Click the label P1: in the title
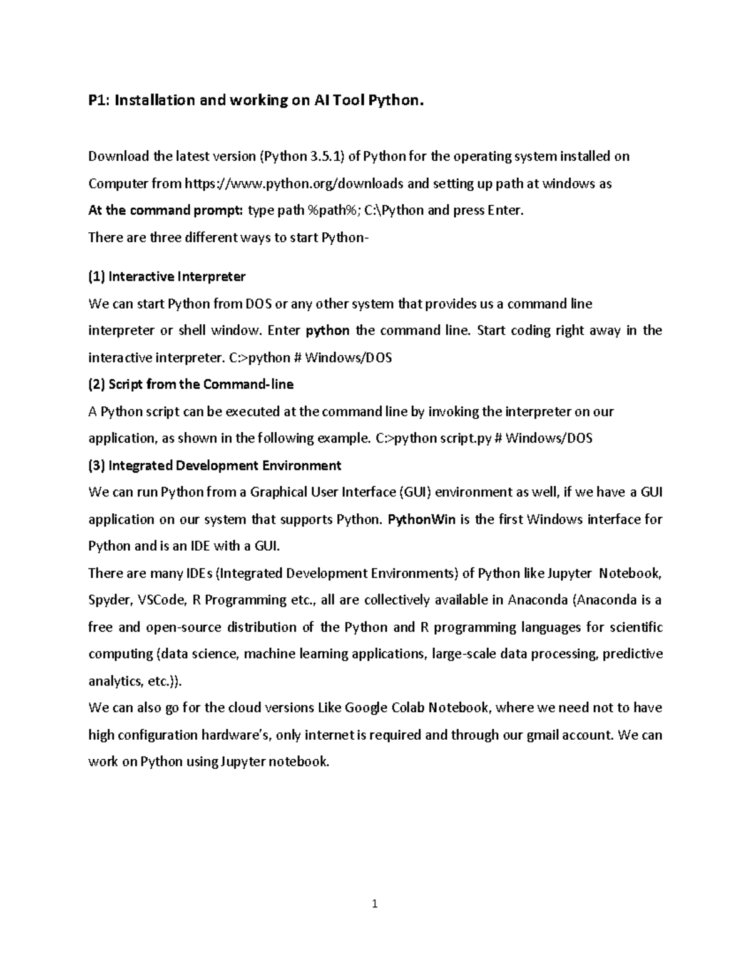click(x=98, y=100)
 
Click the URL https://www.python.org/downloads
click(x=294, y=183)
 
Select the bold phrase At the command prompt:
click(x=166, y=210)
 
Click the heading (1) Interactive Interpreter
click(x=167, y=277)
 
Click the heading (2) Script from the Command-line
click(x=191, y=384)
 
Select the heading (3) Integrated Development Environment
click(x=215, y=466)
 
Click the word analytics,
click(x=114, y=681)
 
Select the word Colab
click(x=408, y=708)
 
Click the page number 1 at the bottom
click(x=375, y=903)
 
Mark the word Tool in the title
click(x=347, y=100)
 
